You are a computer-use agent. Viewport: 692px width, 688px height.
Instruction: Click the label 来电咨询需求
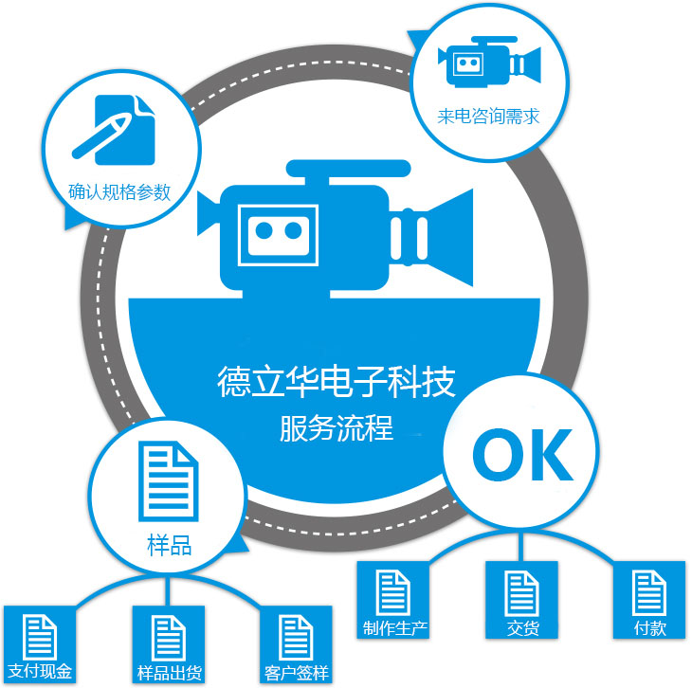[488, 118]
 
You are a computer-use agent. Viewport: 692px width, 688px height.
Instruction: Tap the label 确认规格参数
[120, 191]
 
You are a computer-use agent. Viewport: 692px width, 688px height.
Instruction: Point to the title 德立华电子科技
[336, 381]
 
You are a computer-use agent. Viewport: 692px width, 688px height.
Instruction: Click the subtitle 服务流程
[336, 427]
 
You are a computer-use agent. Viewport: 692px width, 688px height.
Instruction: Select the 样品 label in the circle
[169, 545]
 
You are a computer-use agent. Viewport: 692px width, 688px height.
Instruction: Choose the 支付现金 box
[39, 644]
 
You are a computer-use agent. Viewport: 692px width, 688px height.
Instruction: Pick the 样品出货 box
[168, 644]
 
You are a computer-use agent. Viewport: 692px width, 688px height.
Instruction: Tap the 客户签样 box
[296, 644]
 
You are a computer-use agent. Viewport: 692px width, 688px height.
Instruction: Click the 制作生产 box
[393, 600]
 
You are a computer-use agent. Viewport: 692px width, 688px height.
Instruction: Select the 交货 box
[520, 600]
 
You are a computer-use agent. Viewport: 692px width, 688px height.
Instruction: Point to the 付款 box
[649, 600]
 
